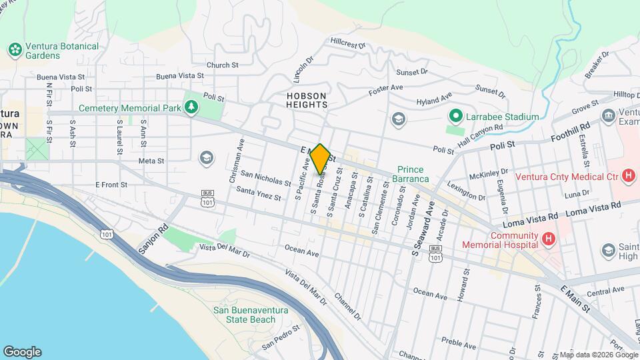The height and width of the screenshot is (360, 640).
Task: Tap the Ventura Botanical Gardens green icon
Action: click(x=13, y=50)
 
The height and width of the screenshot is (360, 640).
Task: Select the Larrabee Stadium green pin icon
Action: click(x=456, y=117)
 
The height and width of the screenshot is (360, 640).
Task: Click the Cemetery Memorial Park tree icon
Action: click(x=192, y=107)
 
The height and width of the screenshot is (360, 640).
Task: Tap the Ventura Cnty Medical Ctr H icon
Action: click(x=627, y=176)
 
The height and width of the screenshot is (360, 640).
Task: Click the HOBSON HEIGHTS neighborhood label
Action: click(x=307, y=100)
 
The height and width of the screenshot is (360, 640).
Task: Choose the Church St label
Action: click(x=223, y=65)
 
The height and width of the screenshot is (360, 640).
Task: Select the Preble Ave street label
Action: click(x=458, y=345)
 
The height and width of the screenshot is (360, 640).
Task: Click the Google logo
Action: click(x=22, y=351)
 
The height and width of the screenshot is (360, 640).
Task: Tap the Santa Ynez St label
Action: click(x=258, y=194)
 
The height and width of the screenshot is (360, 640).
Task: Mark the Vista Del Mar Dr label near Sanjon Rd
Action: click(x=225, y=251)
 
